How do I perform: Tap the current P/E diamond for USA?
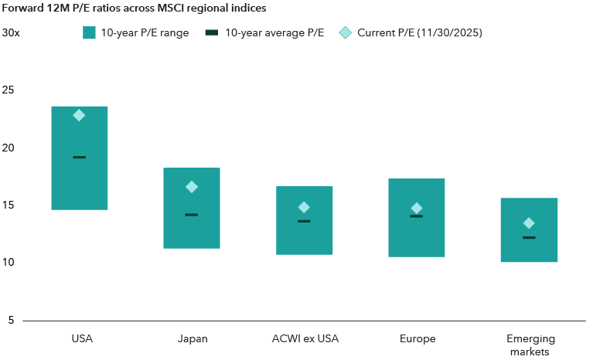click(79, 115)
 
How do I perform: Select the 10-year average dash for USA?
click(79, 157)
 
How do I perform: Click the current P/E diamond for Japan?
click(192, 187)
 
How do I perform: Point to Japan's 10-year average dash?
click(192, 215)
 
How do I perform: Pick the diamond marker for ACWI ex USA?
click(304, 207)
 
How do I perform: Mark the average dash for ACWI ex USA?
click(304, 221)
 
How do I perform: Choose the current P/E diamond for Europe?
click(417, 208)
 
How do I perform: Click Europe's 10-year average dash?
click(417, 216)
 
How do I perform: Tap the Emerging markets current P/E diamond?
click(529, 223)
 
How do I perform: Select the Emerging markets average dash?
click(529, 238)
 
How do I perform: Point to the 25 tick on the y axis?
click(9, 90)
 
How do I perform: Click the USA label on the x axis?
click(79, 338)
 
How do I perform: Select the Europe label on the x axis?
click(417, 338)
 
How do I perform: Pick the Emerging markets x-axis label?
click(529, 345)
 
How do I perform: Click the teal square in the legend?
click(88, 33)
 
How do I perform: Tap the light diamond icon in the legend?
click(346, 33)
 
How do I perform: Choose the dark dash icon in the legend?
click(212, 33)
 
